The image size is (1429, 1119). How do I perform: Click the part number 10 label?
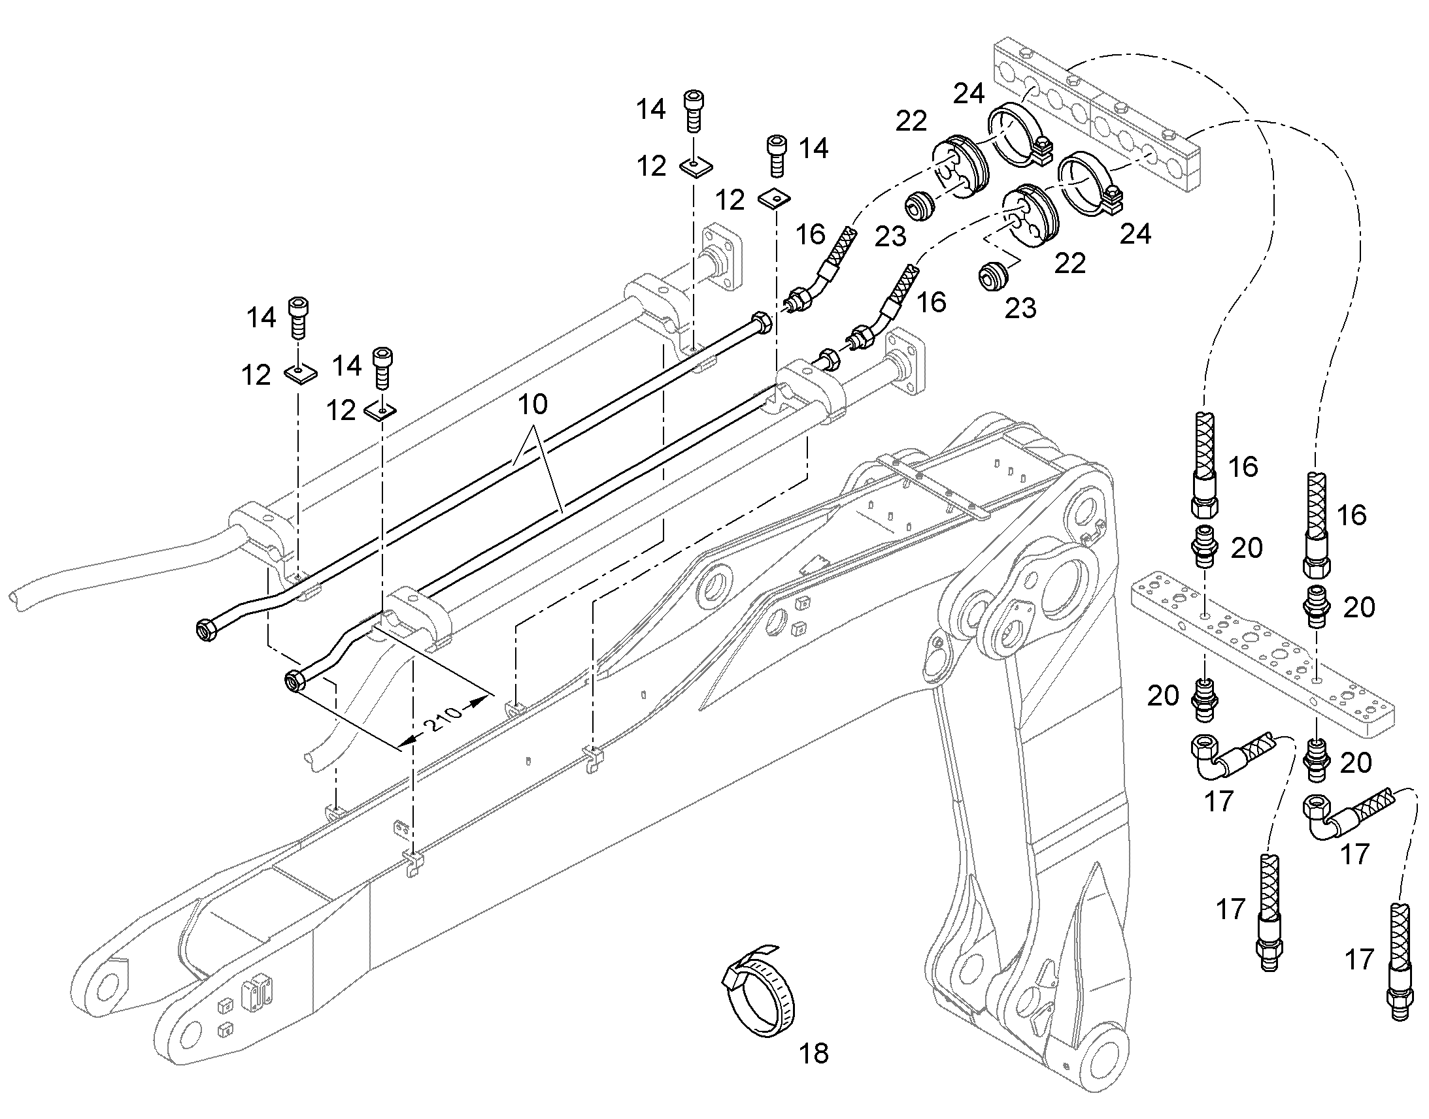coord(532,405)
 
